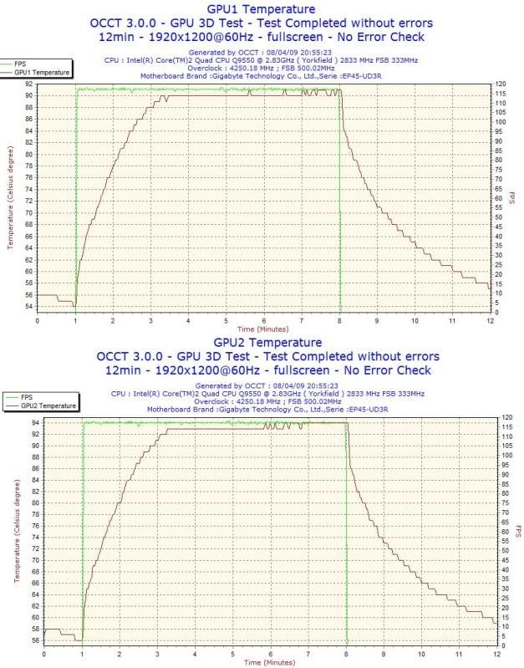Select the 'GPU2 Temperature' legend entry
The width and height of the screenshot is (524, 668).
[x=49, y=405]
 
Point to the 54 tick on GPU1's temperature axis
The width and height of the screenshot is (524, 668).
[x=30, y=307]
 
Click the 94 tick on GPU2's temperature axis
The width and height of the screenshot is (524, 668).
[x=36, y=423]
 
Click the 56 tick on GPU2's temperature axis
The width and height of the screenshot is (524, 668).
[x=36, y=640]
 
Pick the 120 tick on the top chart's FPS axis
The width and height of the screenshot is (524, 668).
[x=500, y=84]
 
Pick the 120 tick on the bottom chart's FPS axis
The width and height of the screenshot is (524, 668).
[x=506, y=417]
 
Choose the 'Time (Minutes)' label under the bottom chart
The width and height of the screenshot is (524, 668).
[x=269, y=662]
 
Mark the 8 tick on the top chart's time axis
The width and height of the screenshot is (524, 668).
[x=340, y=320]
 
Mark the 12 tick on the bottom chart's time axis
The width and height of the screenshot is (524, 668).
[x=497, y=654]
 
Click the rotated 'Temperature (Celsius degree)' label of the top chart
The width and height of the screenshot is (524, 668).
[x=11, y=197]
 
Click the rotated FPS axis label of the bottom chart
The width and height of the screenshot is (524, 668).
[x=519, y=531]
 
